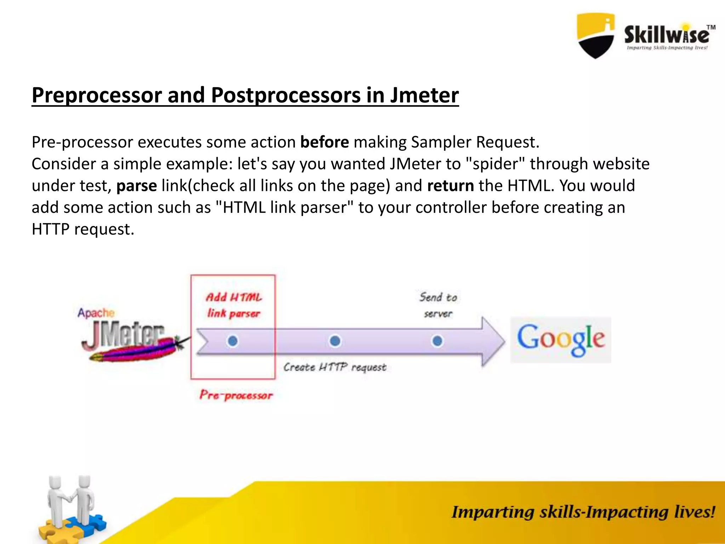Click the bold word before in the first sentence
pos(325,142)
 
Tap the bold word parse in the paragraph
pos(137,186)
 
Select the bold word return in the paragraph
pos(450,186)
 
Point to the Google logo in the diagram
pos(561,340)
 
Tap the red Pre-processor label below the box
pos(236,395)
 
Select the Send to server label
pos(438,305)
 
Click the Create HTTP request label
pos(335,367)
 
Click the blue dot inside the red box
pos(233,341)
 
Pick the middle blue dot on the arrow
pos(335,341)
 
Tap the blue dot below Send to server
pos(437,341)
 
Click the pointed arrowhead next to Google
pos(494,341)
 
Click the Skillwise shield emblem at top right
pos(596,35)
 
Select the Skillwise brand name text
pos(667,35)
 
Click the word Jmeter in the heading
pos(424,95)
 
